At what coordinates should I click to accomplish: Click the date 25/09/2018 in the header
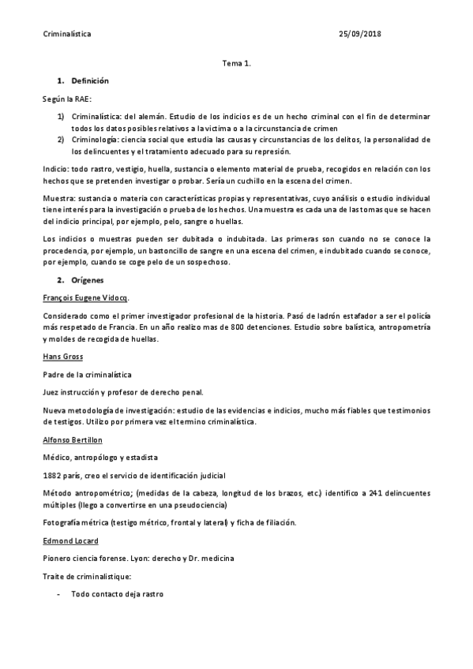[x=360, y=34]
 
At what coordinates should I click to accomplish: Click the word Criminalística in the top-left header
[x=66, y=34]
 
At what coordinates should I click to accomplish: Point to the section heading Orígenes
[x=87, y=279]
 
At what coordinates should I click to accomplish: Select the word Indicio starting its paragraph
[x=54, y=169]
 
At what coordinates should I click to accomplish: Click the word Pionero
[x=56, y=558]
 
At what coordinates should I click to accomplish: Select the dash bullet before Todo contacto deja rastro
[x=59, y=593]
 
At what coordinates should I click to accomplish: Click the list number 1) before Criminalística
[x=61, y=116]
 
